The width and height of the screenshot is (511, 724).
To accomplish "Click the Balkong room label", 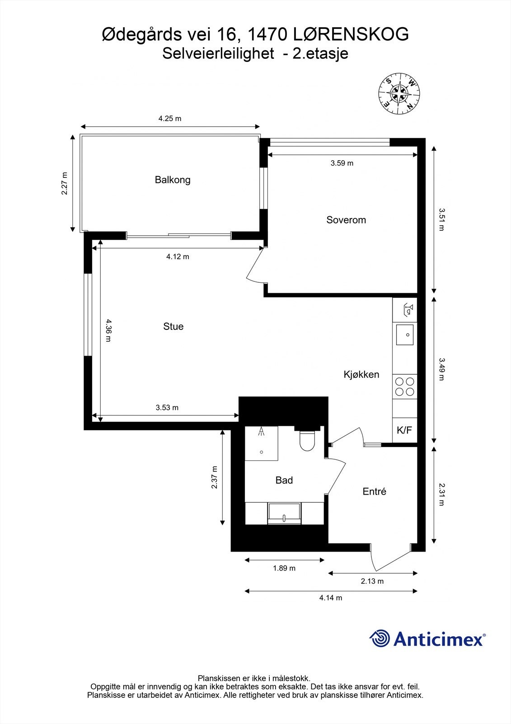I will (173, 180).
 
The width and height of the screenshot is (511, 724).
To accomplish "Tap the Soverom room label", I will (346, 220).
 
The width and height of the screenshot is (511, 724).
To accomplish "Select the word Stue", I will (173, 326).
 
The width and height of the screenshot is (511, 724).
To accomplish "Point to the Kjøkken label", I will (361, 374).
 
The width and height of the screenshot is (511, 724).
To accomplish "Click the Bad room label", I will (284, 480).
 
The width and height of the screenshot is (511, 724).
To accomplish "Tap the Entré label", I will (374, 491).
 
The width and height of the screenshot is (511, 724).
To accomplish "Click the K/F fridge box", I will (404, 430).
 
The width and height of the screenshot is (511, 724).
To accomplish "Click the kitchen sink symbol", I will (405, 335).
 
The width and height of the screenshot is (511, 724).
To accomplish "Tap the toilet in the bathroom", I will (307, 441).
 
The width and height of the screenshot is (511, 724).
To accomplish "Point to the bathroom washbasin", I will (284, 513).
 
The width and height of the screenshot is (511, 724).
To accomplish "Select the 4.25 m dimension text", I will (170, 119).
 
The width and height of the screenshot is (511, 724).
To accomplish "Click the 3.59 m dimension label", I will (342, 163).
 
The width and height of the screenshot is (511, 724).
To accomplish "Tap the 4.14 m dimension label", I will (331, 598).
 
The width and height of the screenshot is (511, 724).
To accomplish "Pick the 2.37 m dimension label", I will (214, 477).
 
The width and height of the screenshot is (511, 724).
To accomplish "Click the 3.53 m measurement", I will (167, 408).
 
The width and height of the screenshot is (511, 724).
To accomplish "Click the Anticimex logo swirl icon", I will (380, 638).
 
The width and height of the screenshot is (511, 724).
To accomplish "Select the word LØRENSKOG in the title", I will (351, 34).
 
